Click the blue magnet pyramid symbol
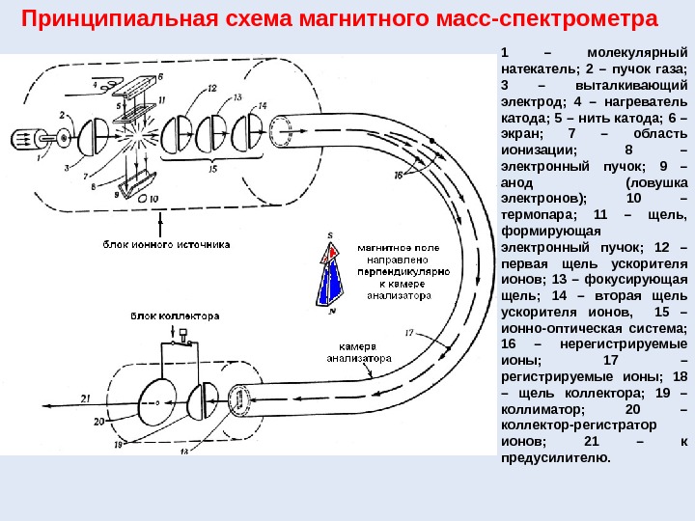tap(333, 275)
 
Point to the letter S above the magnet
tap(330, 234)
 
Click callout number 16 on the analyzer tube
tap(399, 175)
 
